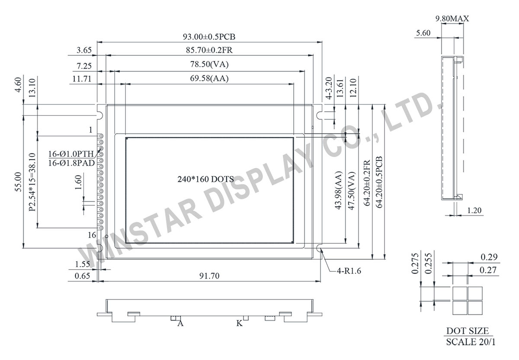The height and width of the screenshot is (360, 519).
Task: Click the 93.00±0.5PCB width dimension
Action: coord(209,36)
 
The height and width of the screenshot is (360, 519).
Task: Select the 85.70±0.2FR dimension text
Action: coord(209,50)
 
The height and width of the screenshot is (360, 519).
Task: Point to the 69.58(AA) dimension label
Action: coord(209,79)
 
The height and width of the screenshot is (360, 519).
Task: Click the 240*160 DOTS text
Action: coord(206,179)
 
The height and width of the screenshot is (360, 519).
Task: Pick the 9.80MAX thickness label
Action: coord(452,19)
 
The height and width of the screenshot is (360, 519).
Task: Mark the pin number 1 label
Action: coord(90,130)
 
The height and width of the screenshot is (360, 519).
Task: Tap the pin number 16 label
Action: coord(92,235)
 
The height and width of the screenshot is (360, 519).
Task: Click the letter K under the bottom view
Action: coord(239,323)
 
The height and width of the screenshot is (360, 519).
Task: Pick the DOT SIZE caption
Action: coord(468,331)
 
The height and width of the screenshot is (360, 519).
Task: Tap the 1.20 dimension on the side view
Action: coord(475,210)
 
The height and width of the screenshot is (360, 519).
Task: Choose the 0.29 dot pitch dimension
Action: coord(489,257)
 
